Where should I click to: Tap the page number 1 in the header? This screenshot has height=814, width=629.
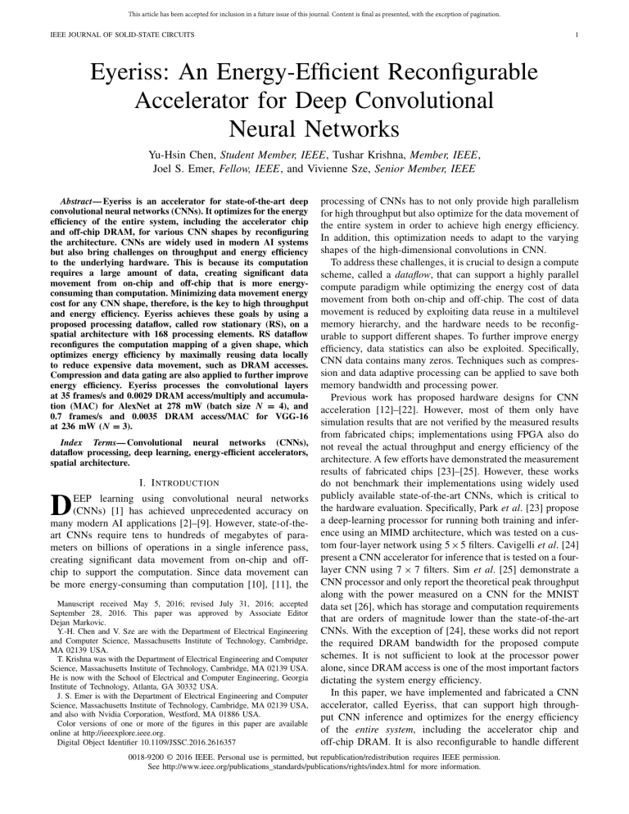[600, 35]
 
